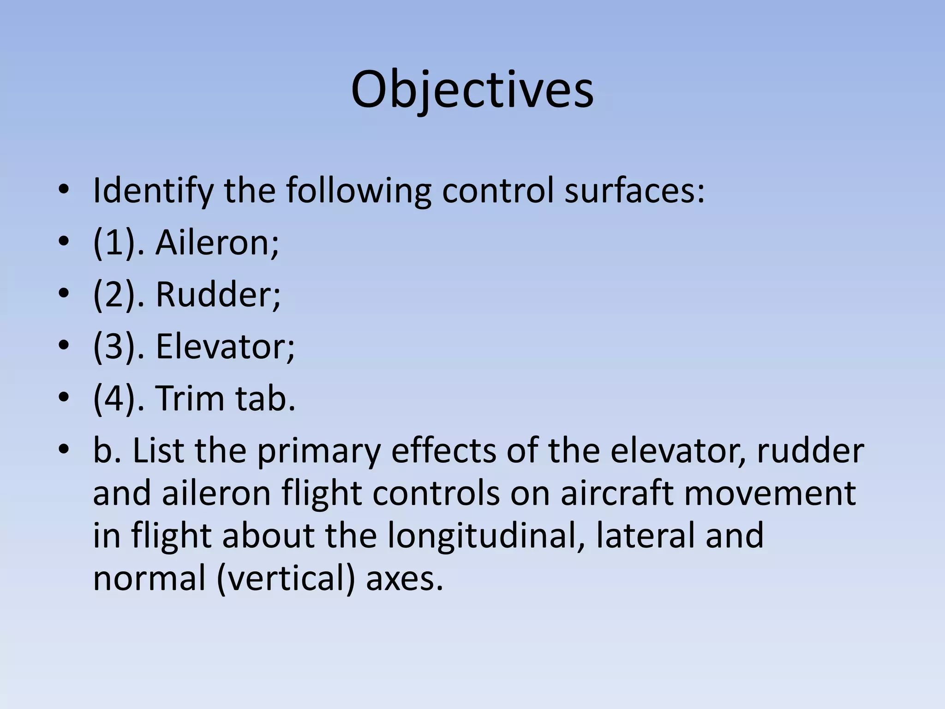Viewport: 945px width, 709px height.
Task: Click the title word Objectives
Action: click(x=472, y=90)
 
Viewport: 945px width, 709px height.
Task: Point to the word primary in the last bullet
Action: click(x=319, y=451)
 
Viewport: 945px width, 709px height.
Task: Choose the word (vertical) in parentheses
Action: click(x=286, y=579)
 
